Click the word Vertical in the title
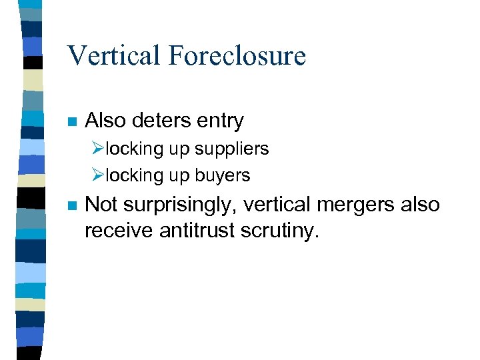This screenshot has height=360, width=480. (113, 55)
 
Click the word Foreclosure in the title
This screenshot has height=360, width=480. (237, 55)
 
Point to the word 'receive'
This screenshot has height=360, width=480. (120, 231)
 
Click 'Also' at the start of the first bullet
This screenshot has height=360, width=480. (106, 121)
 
